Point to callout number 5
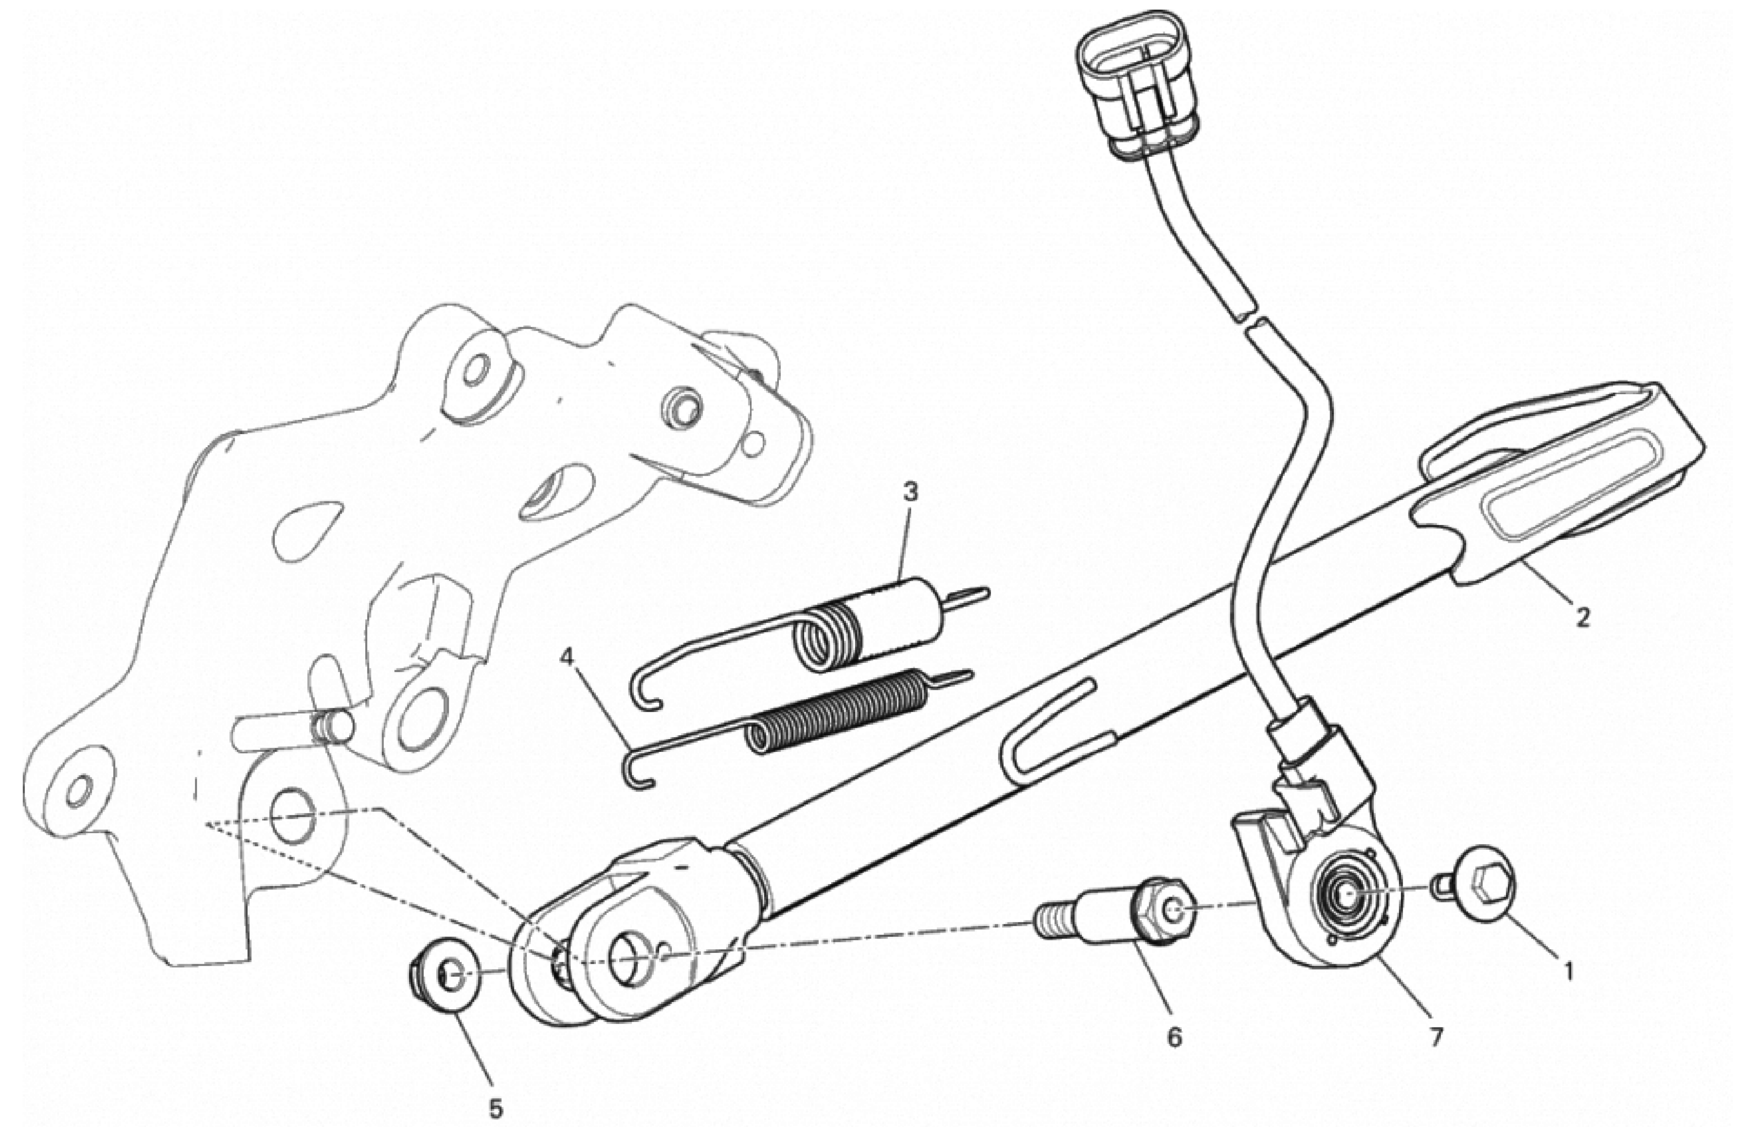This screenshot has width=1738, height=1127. coord(496,1109)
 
